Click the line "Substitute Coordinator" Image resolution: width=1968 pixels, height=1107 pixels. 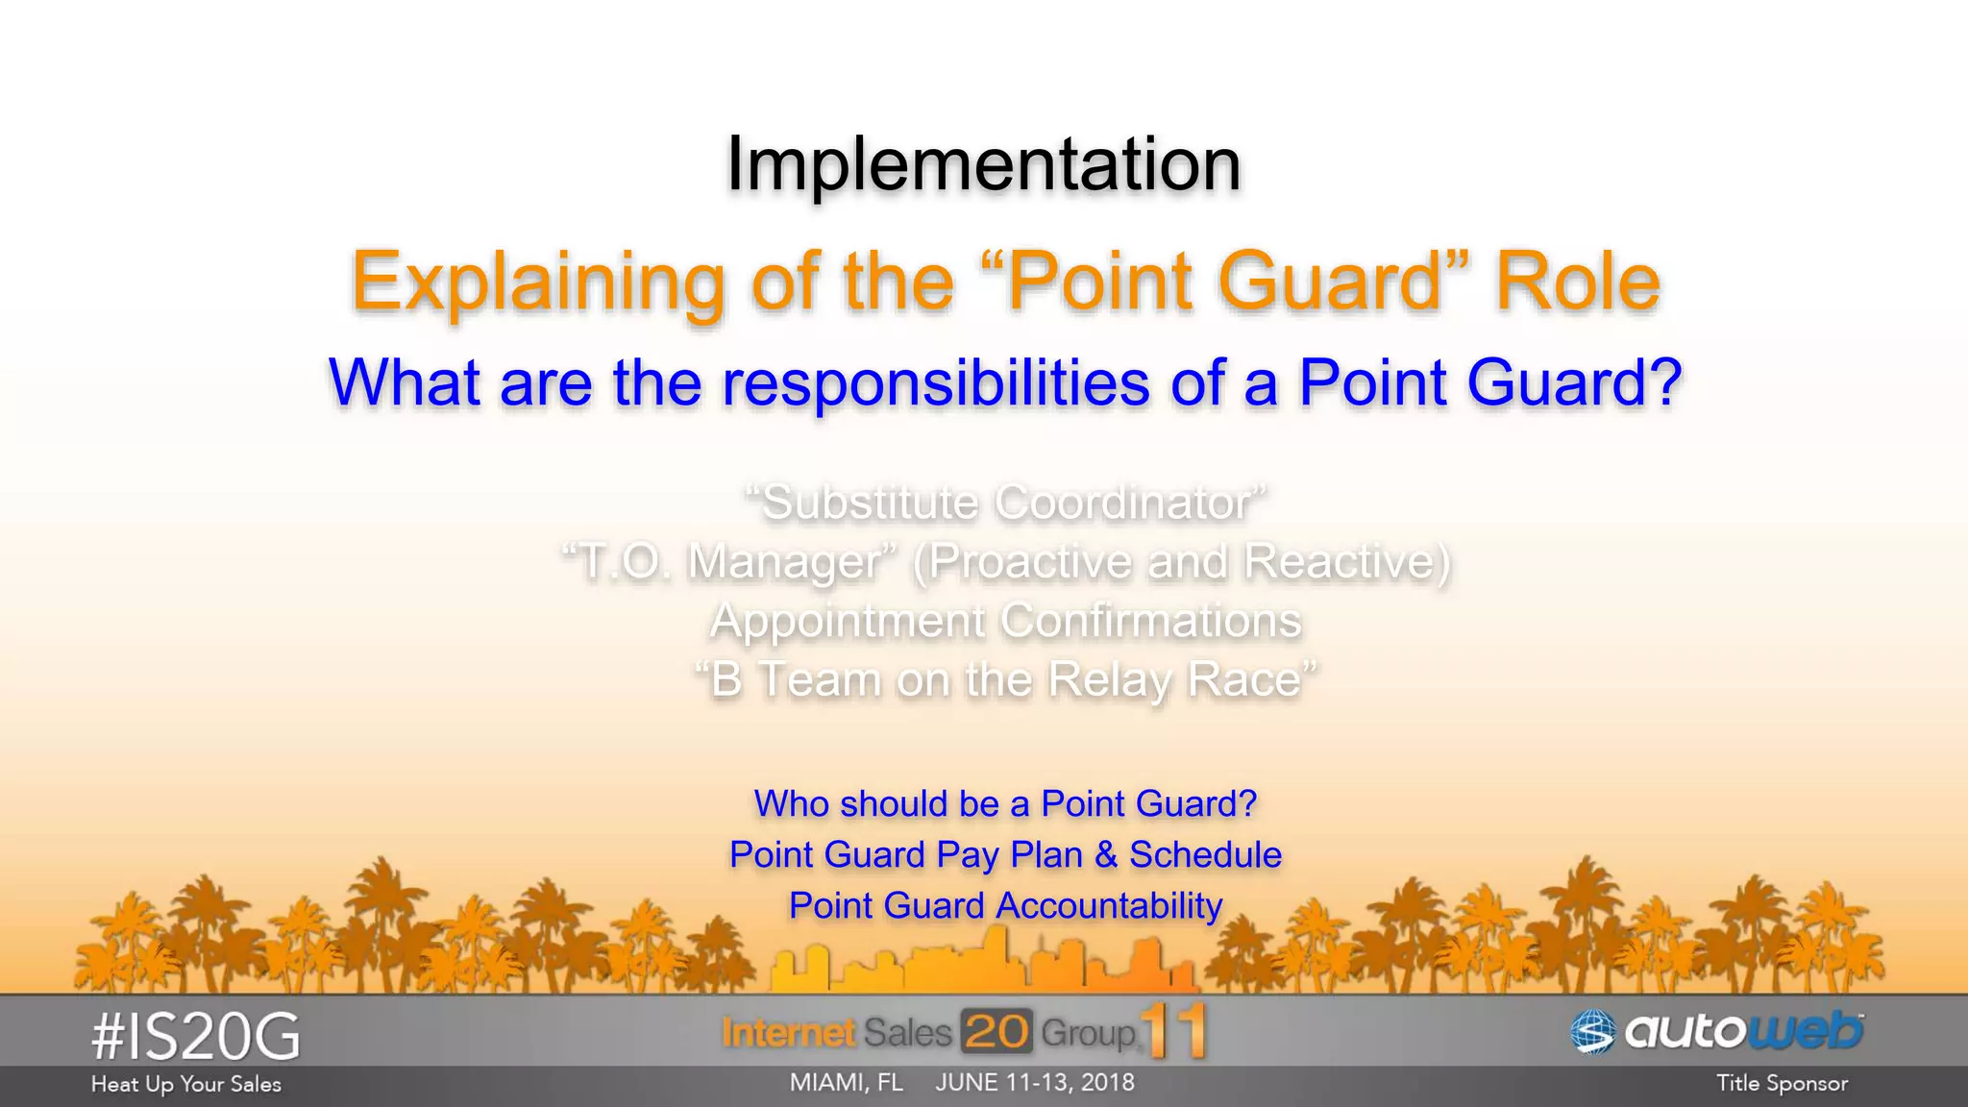tap(1005, 503)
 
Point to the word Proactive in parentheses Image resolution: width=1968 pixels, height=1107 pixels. tap(1031, 561)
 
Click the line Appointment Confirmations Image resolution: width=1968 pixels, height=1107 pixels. tap(1005, 621)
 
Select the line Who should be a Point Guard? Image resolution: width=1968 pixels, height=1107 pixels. tap(1005, 803)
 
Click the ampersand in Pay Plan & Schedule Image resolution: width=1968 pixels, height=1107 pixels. tap(1105, 854)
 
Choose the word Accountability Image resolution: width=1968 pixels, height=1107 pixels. tap(1109, 905)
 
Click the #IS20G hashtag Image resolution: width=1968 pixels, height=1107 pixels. tap(196, 1037)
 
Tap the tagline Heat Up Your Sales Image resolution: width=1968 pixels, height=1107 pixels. tap(186, 1084)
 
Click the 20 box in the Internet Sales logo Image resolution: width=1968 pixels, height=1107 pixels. tap(996, 1032)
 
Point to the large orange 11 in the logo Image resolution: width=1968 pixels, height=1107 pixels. tap(1174, 1032)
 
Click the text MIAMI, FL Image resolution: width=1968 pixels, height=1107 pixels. tap(846, 1082)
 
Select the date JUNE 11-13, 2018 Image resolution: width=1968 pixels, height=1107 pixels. tap(1035, 1082)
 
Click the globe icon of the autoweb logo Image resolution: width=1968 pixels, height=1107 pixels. tap(1592, 1033)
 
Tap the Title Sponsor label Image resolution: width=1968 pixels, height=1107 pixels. tap(1782, 1083)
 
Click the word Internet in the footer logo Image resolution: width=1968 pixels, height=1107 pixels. tap(788, 1033)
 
